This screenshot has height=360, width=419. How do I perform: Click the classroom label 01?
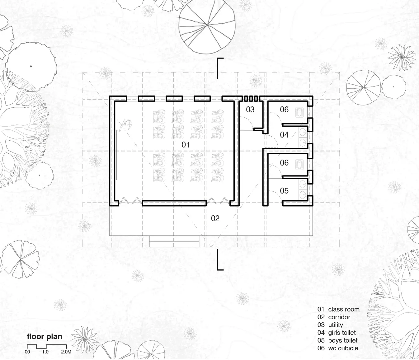pos(186,145)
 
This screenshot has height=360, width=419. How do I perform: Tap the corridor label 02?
pos(215,218)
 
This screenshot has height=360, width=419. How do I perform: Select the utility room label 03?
pos(250,110)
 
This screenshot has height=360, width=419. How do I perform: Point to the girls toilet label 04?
pos(284,135)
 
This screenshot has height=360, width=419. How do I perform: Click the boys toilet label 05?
pos(284,191)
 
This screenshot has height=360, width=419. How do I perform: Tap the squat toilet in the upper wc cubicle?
pos(299,112)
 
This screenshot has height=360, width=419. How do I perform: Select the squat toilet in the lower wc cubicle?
pos(299,164)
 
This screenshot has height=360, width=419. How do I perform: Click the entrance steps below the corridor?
pos(174,241)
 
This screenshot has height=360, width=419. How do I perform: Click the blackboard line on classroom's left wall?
pos(116,155)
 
